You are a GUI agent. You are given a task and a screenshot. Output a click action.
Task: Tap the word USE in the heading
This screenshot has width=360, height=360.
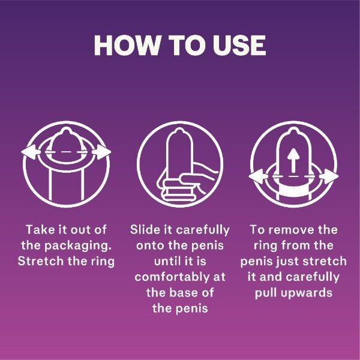[x=238, y=46]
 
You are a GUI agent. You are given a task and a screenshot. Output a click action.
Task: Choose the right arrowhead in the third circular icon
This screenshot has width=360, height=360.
[x=330, y=176]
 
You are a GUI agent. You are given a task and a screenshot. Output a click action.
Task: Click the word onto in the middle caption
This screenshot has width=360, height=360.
[x=151, y=245]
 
